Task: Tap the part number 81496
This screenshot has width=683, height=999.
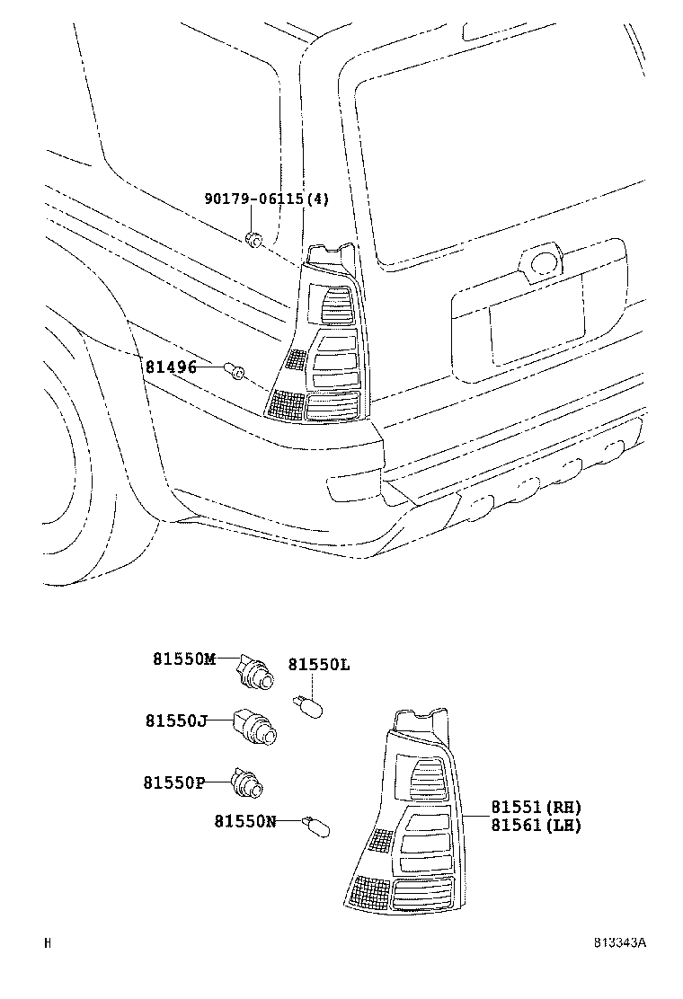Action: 171,367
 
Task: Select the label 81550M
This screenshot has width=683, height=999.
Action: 184,659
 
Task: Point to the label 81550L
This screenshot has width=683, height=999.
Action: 318,665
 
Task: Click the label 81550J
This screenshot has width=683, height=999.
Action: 176,721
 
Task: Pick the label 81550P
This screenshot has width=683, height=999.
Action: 174,782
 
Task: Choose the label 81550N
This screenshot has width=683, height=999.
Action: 245,820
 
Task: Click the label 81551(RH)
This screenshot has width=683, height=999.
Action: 536,807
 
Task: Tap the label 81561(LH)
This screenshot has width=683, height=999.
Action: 536,826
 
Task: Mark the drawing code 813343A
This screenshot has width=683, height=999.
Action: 619,942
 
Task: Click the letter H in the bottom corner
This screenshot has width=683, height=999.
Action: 48,942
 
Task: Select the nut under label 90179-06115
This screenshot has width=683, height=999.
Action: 253,239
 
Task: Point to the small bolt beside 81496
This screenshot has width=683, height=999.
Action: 235,368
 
